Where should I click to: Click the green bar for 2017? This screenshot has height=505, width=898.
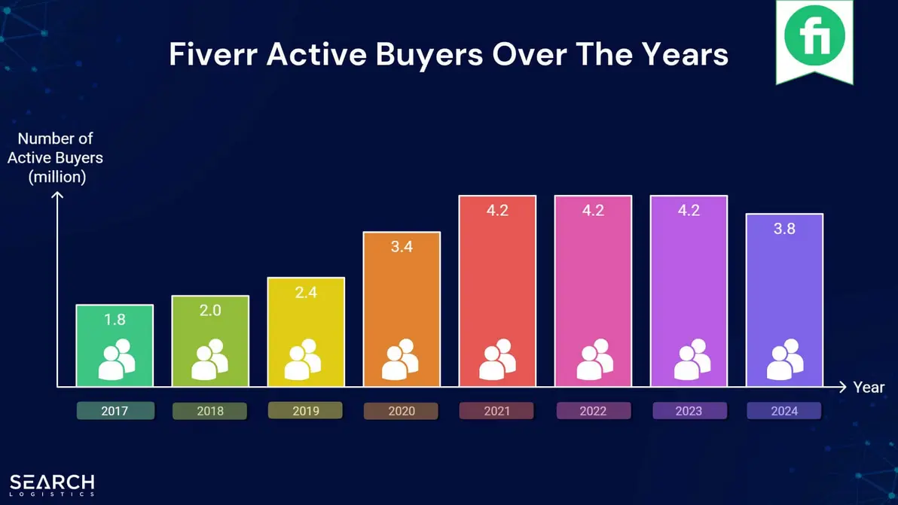click(x=115, y=345)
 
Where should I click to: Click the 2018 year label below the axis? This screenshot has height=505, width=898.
click(x=210, y=411)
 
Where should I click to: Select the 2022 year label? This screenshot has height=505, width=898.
click(x=593, y=411)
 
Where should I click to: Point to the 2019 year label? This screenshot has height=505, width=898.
click(x=305, y=411)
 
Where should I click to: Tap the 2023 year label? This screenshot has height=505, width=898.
click(x=689, y=411)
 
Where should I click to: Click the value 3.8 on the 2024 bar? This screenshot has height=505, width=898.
click(x=784, y=229)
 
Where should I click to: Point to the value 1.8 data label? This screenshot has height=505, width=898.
click(x=115, y=319)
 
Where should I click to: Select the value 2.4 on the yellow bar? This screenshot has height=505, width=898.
click(x=306, y=292)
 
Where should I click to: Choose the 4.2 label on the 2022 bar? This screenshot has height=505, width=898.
click(x=593, y=211)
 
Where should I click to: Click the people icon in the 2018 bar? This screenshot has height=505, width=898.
click(x=209, y=360)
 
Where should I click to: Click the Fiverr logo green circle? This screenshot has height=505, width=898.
click(x=814, y=35)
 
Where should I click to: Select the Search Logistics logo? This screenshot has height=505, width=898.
click(x=52, y=484)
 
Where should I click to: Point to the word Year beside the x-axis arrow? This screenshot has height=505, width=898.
click(x=869, y=388)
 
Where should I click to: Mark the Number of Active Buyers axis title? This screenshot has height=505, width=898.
click(x=55, y=158)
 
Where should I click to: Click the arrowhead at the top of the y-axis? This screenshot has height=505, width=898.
click(x=58, y=196)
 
